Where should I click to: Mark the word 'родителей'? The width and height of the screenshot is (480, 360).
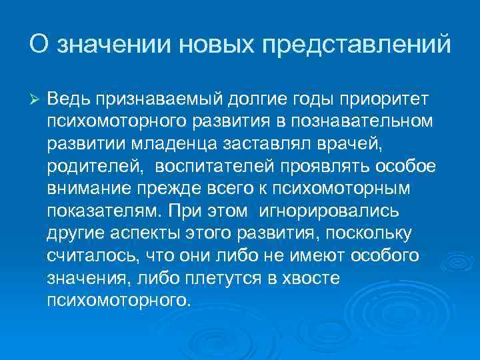click(x=89, y=167)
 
